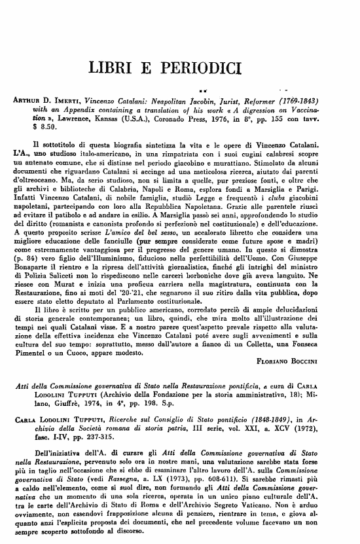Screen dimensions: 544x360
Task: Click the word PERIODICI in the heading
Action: [215, 67]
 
